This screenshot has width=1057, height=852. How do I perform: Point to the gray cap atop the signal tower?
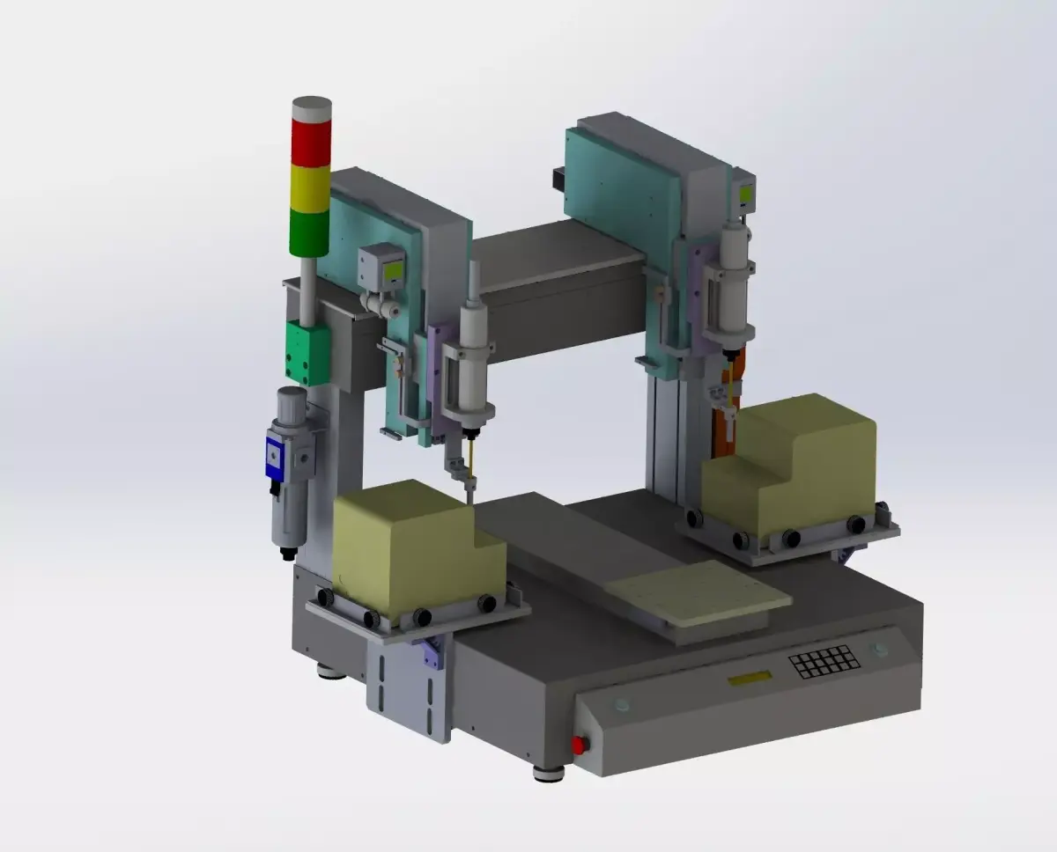pos(310,109)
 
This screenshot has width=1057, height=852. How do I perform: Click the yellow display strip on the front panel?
pos(749,678)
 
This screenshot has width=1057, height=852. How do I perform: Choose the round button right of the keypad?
pos(877,649)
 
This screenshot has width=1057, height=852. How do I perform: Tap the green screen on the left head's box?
pos(394,271)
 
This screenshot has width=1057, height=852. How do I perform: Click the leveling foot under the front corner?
pos(548,773)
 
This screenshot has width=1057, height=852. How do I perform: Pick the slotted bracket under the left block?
pos(410,682)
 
